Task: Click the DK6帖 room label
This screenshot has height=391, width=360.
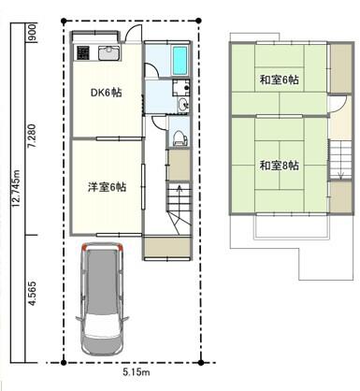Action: coord(106,93)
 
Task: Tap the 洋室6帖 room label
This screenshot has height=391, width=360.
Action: coord(107,187)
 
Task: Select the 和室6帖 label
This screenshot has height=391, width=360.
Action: coord(280,80)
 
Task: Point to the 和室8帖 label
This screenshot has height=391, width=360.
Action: coord(280,166)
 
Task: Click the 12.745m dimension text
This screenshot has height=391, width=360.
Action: coord(16,188)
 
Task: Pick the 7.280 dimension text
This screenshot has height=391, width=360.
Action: coord(32,137)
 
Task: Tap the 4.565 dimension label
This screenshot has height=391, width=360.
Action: coord(32,294)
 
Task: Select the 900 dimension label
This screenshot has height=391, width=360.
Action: coord(32,33)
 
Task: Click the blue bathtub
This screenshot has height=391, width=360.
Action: coord(180,61)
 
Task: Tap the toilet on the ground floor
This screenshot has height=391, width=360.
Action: coord(180,138)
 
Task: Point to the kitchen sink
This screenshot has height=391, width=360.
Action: coord(108,53)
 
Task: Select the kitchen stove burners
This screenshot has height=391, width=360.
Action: coord(83,53)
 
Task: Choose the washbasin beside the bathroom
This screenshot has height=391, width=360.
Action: coord(183,104)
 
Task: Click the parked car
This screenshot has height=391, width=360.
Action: coord(102,298)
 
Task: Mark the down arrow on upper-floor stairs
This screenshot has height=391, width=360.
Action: coord(340,169)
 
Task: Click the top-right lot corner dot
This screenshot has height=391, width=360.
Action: coord(199,21)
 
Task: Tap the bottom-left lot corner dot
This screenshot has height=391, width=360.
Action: coord(64,363)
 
